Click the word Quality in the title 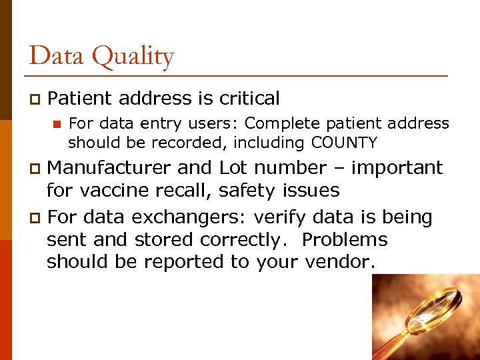pyautogui.click(x=133, y=57)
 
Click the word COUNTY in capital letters pyautogui.click(x=344, y=143)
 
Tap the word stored pyautogui.click(x=163, y=239)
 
